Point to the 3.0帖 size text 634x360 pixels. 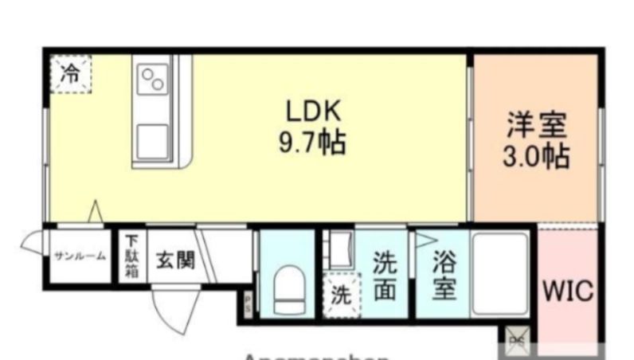pos(535,156)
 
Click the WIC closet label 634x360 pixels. pos(568,292)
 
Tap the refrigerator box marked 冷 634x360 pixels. pos(72,74)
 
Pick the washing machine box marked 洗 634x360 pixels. pos(341,295)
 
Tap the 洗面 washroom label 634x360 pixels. pos(385,276)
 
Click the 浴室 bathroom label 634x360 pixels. pos(444,276)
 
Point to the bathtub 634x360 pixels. pos(500,273)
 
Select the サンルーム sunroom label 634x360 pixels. pos(80,256)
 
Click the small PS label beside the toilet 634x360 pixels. pos(248,303)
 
